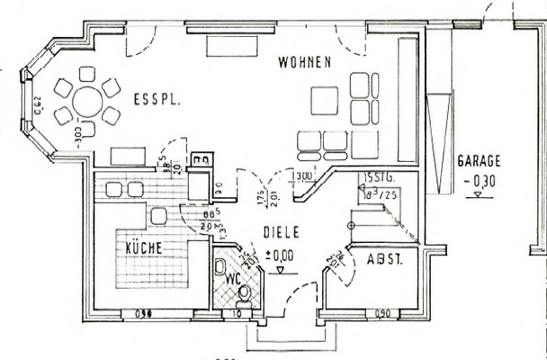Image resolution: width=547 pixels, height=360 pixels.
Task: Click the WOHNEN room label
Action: click(306, 63)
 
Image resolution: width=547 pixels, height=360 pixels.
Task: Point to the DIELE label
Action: click(281, 231)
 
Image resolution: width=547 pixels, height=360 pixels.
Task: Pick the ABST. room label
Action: click(384, 260)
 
